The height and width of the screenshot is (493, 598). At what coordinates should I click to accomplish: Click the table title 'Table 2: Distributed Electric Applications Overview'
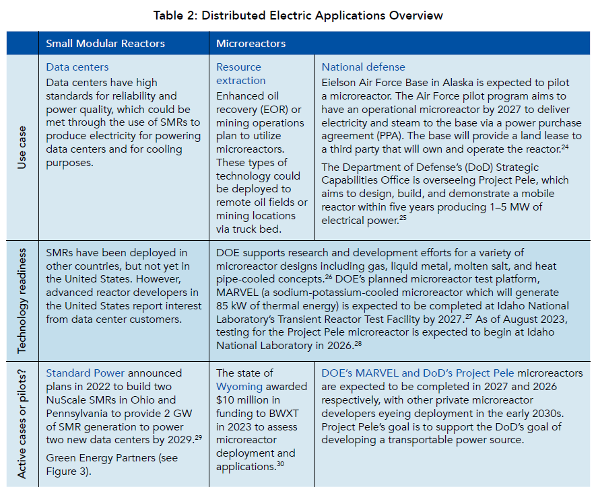coord(298,15)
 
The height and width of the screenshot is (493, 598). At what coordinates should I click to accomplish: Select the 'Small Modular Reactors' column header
coord(105,44)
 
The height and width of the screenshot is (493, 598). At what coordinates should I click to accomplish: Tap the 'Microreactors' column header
coord(251,44)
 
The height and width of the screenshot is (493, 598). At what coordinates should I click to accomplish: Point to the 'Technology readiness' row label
coord(22,298)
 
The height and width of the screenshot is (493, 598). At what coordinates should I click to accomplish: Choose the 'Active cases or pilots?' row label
coord(22,422)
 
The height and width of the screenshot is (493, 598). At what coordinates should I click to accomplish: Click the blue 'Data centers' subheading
coord(77,67)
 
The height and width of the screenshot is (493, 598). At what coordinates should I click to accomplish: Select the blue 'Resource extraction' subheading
coord(238,75)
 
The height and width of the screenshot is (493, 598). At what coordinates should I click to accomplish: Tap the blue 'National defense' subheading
coord(363,67)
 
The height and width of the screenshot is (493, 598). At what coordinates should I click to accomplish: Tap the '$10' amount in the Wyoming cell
coord(225,401)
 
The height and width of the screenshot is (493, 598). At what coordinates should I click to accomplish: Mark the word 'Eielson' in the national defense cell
coord(340,82)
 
